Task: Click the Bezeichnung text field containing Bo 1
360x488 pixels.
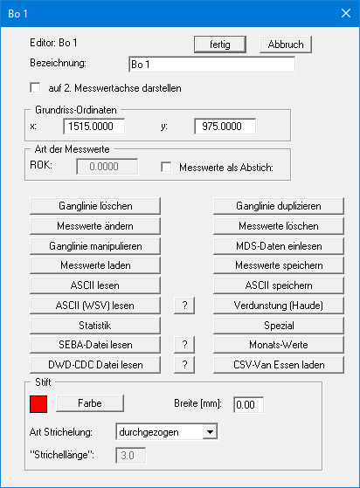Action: click(x=211, y=64)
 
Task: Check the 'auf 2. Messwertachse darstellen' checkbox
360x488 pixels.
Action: click(x=36, y=88)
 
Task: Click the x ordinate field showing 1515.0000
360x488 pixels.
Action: click(x=93, y=127)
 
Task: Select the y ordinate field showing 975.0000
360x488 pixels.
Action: click(x=225, y=127)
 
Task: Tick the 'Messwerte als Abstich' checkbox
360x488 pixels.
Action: click(x=167, y=167)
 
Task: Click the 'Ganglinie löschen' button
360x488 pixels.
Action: click(x=96, y=206)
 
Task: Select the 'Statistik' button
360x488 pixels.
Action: click(x=96, y=324)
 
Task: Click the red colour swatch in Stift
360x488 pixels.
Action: click(x=38, y=403)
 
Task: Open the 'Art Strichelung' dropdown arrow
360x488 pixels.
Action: click(x=209, y=430)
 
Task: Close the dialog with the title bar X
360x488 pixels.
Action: click(x=342, y=14)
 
